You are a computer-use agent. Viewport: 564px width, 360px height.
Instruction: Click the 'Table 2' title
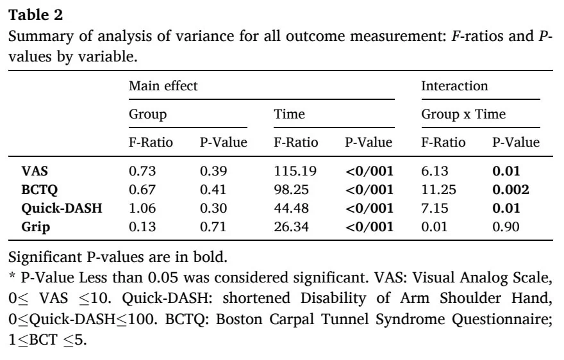pyautogui.click(x=36, y=15)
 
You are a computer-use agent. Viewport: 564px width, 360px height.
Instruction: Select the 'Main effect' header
pyautogui.click(x=163, y=86)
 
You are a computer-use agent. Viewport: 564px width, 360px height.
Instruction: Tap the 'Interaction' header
pyautogui.click(x=454, y=86)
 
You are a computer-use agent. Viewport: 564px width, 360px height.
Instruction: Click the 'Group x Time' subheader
pyautogui.click(x=463, y=114)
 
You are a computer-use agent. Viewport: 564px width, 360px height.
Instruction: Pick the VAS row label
pyautogui.click(x=35, y=171)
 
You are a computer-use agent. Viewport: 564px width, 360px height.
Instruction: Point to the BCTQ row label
pyautogui.click(x=40, y=190)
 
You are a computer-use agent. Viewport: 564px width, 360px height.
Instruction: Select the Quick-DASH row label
pyautogui.click(x=62, y=208)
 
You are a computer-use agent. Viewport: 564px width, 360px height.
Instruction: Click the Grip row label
pyautogui.click(x=36, y=227)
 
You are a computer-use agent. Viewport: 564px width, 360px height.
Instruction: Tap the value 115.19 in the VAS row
pyautogui.click(x=295, y=171)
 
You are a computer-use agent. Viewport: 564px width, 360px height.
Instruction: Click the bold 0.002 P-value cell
pyautogui.click(x=511, y=190)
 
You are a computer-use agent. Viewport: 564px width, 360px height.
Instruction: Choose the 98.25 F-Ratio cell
pyautogui.click(x=292, y=190)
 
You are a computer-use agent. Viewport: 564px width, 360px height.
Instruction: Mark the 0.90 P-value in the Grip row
pyautogui.click(x=506, y=227)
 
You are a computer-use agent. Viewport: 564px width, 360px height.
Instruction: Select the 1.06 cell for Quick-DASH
pyautogui.click(x=142, y=208)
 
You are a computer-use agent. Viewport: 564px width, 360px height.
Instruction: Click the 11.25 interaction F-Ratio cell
pyautogui.click(x=438, y=190)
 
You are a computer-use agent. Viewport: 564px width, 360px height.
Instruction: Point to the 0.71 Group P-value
pyautogui.click(x=213, y=227)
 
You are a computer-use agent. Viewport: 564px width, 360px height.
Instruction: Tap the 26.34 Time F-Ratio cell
pyautogui.click(x=292, y=227)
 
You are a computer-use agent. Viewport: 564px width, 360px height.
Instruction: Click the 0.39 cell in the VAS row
pyautogui.click(x=213, y=171)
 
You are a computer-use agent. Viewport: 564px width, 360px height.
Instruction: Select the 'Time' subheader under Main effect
pyautogui.click(x=289, y=114)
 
